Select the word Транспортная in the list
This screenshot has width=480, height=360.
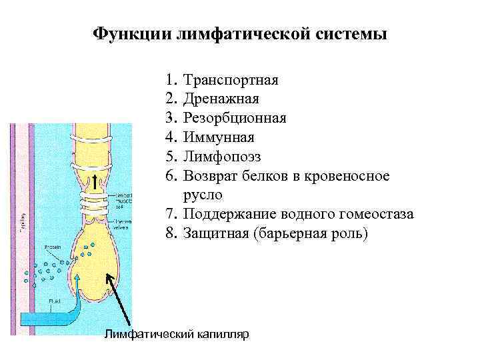coord(231,81)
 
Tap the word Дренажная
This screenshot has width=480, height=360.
coord(221,99)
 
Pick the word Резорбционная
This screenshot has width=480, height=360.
coord(235,119)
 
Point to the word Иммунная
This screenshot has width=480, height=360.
coord(219,138)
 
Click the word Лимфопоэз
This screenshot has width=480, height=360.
coord(222,157)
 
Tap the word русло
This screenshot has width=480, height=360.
coord(203,195)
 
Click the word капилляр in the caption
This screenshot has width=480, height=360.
coord(222,333)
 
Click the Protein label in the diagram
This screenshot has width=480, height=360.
coord(54,247)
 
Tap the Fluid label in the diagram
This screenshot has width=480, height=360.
coord(55,302)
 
